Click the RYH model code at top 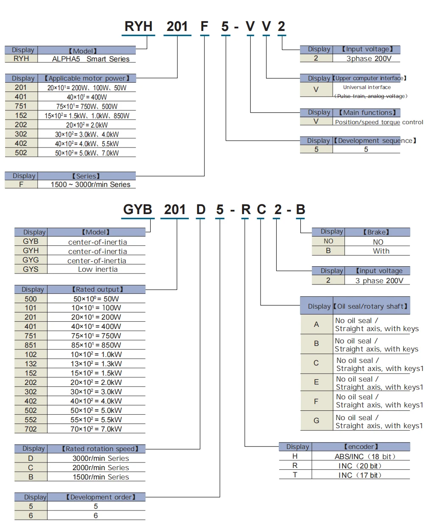(138, 26)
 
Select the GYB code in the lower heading (137, 209)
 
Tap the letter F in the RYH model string (204, 26)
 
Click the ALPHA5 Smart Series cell (90, 59)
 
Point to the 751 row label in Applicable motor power (21, 106)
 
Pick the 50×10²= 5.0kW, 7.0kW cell (87, 153)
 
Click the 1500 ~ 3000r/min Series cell (90, 184)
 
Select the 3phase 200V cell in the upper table (369, 59)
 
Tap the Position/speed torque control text (378, 122)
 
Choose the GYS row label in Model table (31, 269)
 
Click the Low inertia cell (98, 269)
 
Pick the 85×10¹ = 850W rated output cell (96, 345)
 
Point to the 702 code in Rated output (31, 429)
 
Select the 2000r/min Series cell (101, 468)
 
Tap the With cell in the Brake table (381, 251)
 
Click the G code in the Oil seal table (316, 421)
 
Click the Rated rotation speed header (100, 449)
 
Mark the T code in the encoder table (295, 475)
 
